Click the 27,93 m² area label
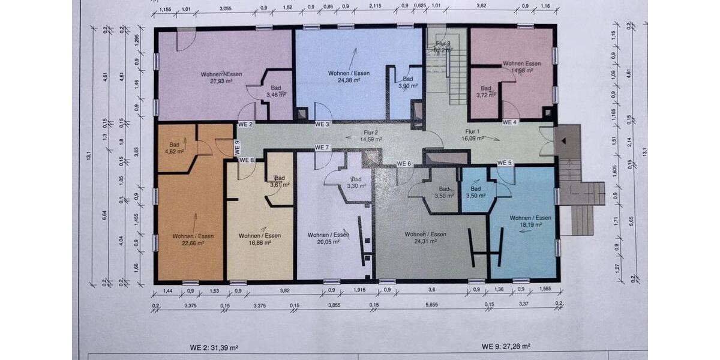pos(221,80)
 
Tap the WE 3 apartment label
pos(322,124)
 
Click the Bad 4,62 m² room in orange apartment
pos(176,148)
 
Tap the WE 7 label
pos(322,148)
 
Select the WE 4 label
pos(509,122)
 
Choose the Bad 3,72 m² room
pos(485,91)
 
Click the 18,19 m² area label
pos(531,224)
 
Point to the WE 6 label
pos(404,164)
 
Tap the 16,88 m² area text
pos(259,242)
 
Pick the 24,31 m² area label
pos(425,241)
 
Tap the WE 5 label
pos(504,163)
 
